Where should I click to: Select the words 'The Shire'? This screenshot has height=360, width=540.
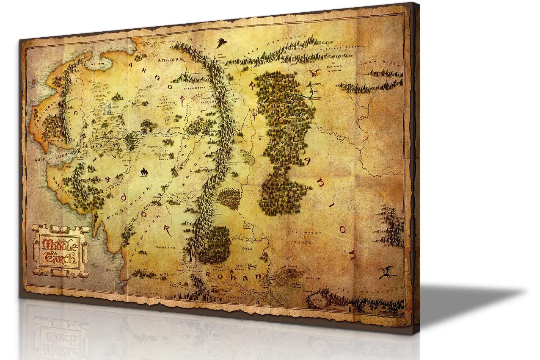pyautogui.click(x=105, y=144)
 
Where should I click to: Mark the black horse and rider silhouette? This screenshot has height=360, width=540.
pyautogui.click(x=144, y=172)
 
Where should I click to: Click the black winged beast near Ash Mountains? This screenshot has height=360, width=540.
pyautogui.click(x=387, y=272)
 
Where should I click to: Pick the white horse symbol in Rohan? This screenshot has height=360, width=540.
pyautogui.click(x=253, y=267)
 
